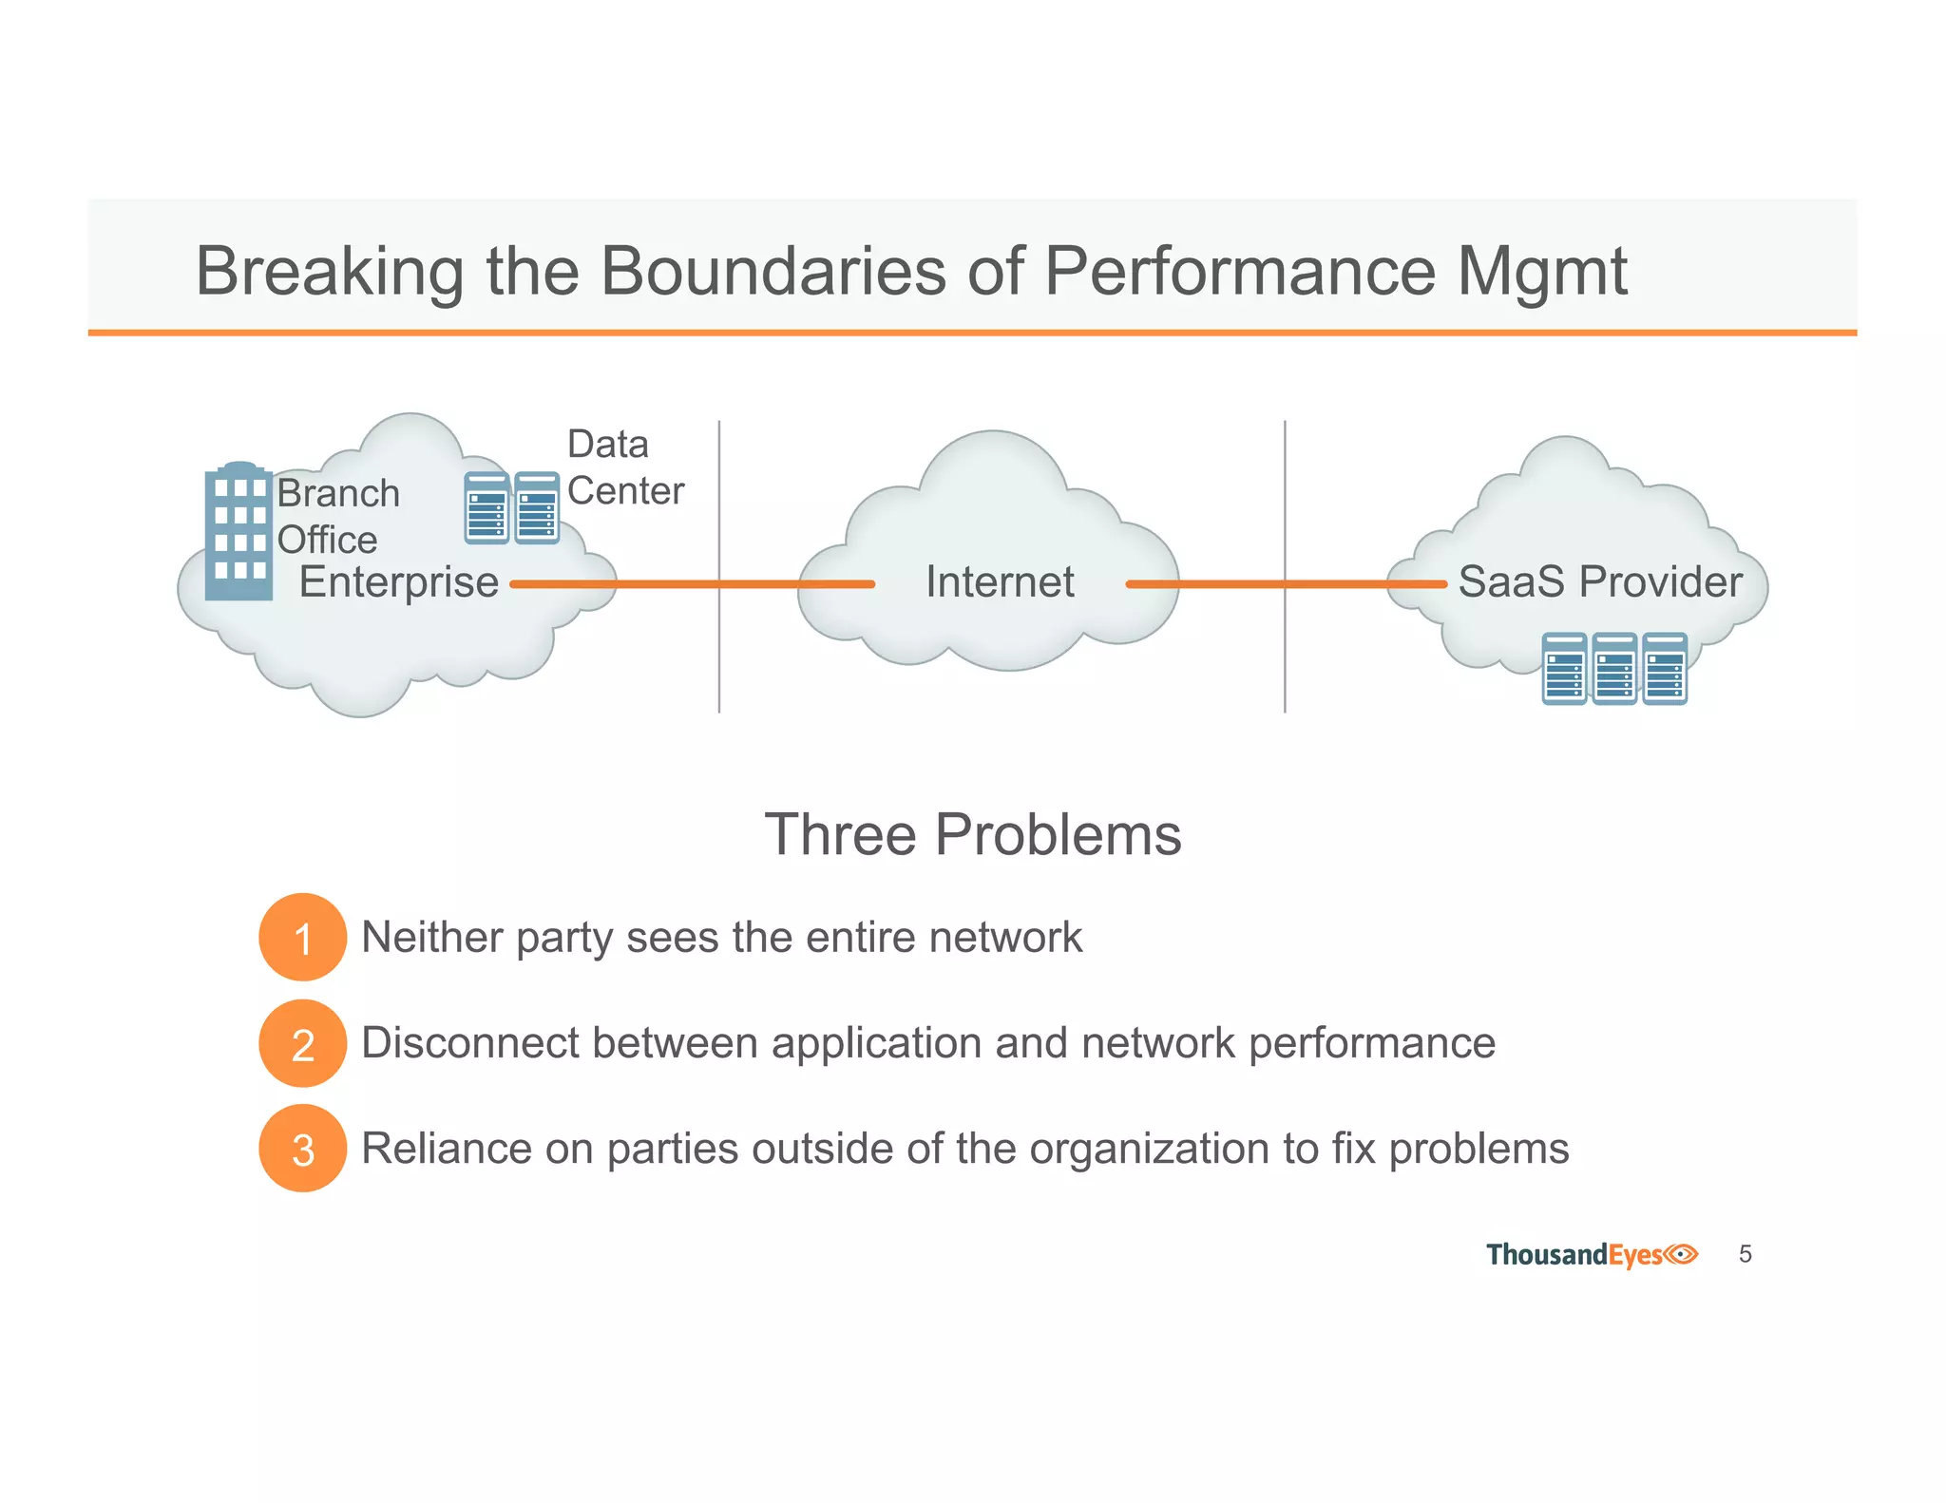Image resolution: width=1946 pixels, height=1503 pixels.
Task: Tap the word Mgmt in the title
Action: [x=1541, y=272]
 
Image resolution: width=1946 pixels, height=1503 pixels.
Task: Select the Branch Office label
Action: [x=337, y=516]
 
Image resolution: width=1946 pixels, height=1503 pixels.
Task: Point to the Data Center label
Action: [x=624, y=467]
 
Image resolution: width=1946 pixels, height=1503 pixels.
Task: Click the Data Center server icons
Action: [x=511, y=508]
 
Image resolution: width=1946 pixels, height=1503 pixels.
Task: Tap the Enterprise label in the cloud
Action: [x=398, y=581]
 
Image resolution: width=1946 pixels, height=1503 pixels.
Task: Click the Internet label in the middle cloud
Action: [x=1000, y=581]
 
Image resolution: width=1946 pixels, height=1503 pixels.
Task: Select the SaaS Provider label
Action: [x=1599, y=581]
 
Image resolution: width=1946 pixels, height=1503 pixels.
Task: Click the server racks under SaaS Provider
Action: [x=1614, y=669]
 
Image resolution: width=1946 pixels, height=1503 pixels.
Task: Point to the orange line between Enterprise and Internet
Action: [x=692, y=584]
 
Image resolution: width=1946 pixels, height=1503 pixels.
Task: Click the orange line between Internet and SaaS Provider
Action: [x=1285, y=584]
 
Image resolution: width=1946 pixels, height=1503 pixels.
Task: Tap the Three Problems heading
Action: [x=972, y=834]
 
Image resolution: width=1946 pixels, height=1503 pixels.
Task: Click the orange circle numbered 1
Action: [x=302, y=938]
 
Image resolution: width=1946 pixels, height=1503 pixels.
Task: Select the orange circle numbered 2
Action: [x=302, y=1043]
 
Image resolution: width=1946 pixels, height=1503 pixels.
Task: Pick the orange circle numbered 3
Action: [x=302, y=1149]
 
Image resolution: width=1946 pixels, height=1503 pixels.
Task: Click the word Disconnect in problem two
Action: [x=469, y=1043]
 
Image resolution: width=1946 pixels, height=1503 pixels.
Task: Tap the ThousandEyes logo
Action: [x=1592, y=1255]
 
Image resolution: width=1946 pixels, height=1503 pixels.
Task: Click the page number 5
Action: [x=1745, y=1254]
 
